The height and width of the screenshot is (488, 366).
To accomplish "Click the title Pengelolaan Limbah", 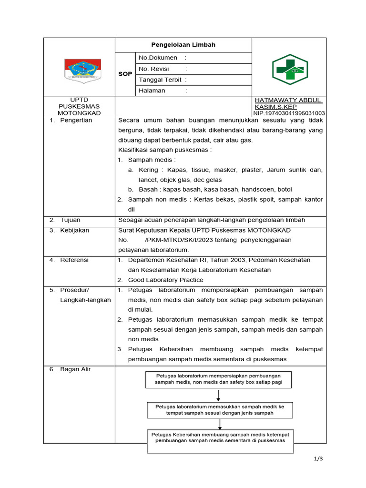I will coord(183,45).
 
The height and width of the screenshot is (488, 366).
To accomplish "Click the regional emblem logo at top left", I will coord(82,70).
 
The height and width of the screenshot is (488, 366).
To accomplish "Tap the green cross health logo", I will coord(290,70).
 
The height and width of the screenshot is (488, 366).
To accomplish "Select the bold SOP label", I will coord(125,74).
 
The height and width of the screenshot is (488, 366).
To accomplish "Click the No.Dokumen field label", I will coord(158,58).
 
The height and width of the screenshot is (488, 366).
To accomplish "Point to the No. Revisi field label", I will coord(154,69).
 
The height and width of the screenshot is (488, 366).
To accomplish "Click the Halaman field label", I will coord(152,91).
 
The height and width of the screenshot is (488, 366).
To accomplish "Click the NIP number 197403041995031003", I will coord(289,113).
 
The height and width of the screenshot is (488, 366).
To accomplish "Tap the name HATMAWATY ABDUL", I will coord(288,100).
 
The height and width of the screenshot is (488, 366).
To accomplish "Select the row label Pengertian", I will coord(76,121).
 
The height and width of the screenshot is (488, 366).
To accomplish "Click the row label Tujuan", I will coord(70,220).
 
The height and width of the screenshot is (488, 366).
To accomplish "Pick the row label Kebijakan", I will coord(74,231).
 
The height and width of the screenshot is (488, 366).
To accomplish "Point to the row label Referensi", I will coord(74,260).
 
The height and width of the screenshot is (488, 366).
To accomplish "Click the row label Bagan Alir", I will coord(75,369).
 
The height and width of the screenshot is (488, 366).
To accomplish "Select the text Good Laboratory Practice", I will coord(165,280).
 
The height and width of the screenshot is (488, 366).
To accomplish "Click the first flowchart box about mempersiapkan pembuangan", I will coord(219,379).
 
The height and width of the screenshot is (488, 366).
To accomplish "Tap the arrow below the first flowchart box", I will coord(218,395).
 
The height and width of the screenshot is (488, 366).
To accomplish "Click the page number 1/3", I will coord(318,459).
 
